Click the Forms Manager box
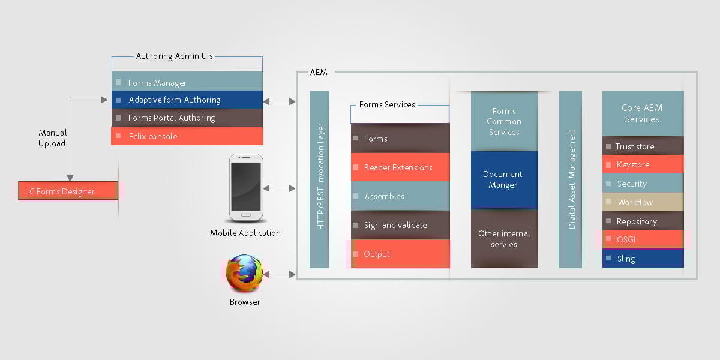click(187, 82)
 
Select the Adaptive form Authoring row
click(187, 100)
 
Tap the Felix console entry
click(187, 136)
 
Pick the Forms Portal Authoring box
click(187, 118)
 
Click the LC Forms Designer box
click(68, 191)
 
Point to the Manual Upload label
click(52, 138)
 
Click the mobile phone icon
click(245, 188)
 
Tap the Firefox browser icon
click(244, 274)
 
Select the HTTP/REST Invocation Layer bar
click(320, 179)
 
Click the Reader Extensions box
click(400, 167)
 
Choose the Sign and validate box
click(400, 225)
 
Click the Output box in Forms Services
click(400, 254)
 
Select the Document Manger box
click(503, 179)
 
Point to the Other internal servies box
click(503, 239)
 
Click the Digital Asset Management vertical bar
click(571, 179)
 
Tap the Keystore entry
click(643, 164)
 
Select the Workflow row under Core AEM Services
click(643, 202)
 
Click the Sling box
click(643, 259)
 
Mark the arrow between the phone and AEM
click(279, 188)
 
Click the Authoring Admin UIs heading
click(175, 56)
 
